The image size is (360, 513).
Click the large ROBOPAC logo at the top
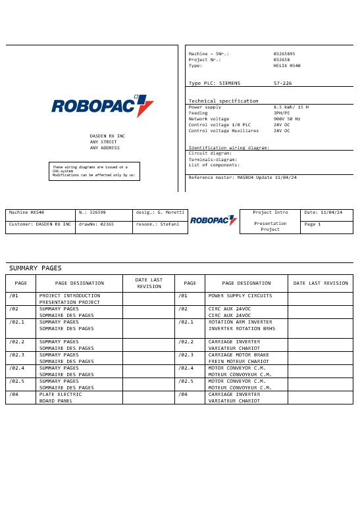pos(103,106)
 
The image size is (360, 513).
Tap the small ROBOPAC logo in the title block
pos(213,221)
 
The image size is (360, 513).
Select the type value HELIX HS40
pos(287,66)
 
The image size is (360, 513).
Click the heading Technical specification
pos(223,101)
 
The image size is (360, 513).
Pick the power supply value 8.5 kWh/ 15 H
pos(291,107)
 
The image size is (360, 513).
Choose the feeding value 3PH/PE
pos(283,112)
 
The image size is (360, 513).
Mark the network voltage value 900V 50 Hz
pos(287,118)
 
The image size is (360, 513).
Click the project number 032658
pos(282,59)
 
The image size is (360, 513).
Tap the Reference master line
pos(242,178)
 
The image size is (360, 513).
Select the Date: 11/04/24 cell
pos(326,213)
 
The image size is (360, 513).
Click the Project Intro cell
pos(270,213)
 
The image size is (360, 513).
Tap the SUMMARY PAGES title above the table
pos(35,268)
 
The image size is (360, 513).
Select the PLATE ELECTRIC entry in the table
pos(61,394)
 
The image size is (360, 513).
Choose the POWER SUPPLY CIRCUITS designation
pos(240,296)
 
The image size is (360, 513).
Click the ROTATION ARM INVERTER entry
pos(240,322)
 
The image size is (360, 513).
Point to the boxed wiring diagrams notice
pos(94,171)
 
